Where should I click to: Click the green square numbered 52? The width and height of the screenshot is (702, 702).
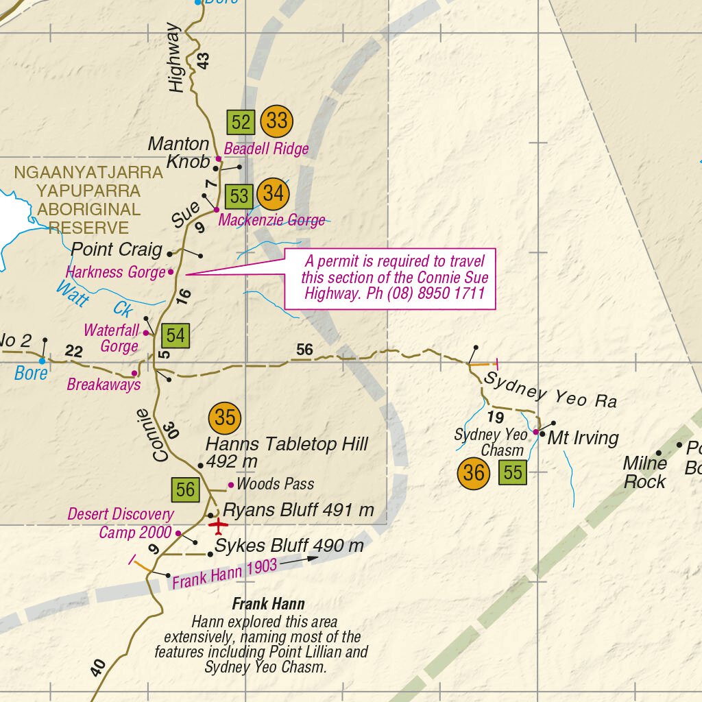click(x=241, y=123)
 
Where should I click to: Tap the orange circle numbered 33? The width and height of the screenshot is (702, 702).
click(x=276, y=121)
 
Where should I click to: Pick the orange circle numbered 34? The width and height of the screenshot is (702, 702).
click(x=273, y=194)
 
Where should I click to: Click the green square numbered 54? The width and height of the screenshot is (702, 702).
click(x=175, y=336)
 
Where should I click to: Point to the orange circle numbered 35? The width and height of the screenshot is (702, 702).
click(x=225, y=417)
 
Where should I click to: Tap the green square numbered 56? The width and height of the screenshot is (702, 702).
click(x=185, y=490)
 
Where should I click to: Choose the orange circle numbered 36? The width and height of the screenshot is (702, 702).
click(x=474, y=473)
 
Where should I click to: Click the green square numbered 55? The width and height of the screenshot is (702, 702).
click(x=513, y=472)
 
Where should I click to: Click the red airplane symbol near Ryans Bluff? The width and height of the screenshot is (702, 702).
click(x=218, y=526)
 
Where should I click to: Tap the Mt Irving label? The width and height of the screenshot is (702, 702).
click(x=583, y=438)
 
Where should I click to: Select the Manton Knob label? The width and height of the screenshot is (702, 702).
click(x=178, y=152)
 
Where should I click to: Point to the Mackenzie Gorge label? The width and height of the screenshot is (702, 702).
click(x=271, y=221)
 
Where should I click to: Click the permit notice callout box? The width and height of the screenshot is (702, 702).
click(x=390, y=279)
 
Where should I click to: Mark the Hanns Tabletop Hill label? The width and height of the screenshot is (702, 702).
click(x=287, y=452)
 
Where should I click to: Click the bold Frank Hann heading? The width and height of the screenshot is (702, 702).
click(x=268, y=604)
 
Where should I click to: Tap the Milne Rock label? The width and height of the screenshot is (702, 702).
click(x=644, y=472)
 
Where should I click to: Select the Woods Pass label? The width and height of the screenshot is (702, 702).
click(x=275, y=484)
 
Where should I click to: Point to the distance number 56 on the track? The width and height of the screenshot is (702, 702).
click(x=304, y=350)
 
